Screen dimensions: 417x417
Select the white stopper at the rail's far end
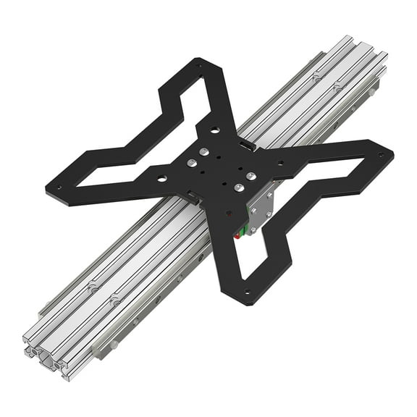(374, 91)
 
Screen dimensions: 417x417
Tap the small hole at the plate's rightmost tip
(381, 154)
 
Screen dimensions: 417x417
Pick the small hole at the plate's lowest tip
(248, 294)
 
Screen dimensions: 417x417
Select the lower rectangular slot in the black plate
(193, 195)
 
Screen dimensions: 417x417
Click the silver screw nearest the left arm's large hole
(190, 163)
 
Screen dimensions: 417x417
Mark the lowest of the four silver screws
(236, 188)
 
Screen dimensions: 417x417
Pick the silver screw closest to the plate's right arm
(250, 176)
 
